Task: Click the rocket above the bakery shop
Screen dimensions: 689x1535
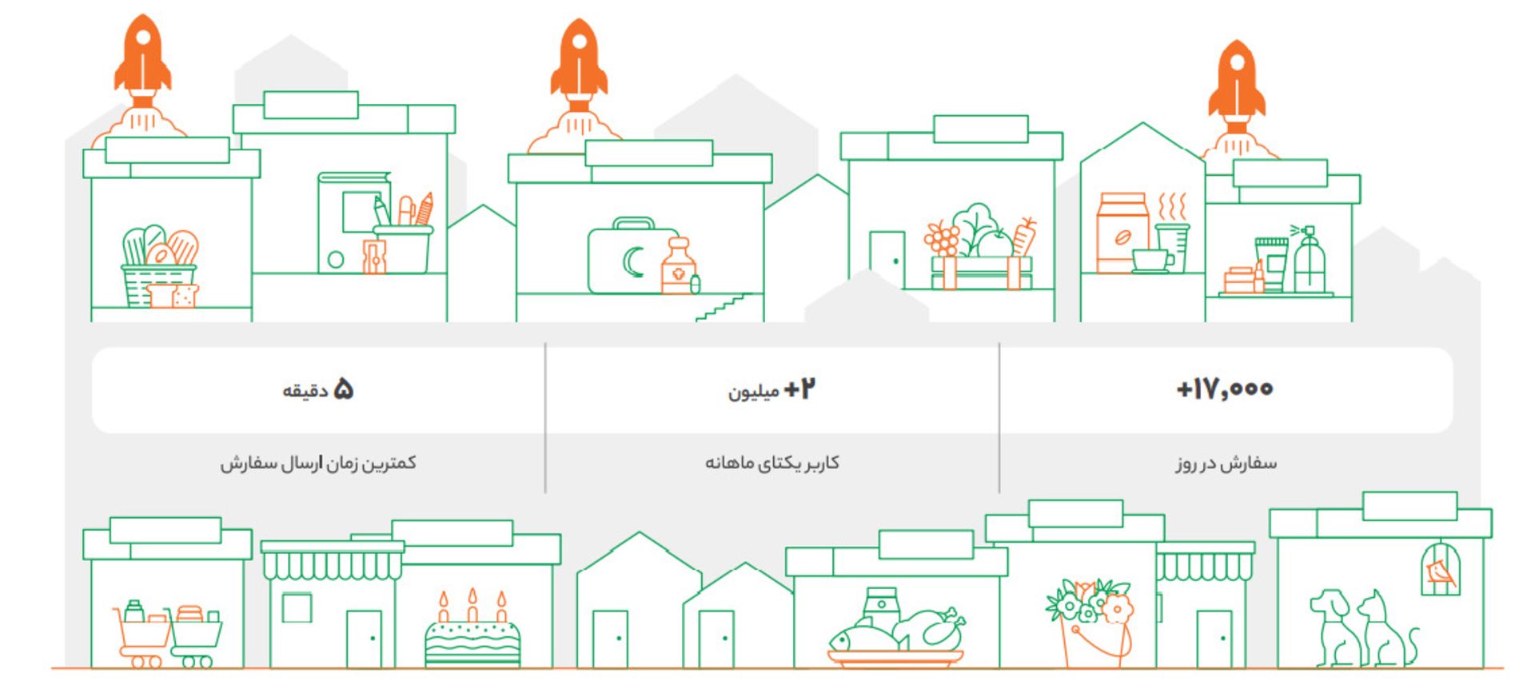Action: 142,60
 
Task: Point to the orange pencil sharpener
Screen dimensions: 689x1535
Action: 373,257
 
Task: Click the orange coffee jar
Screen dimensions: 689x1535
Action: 1122,233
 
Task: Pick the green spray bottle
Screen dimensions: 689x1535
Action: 1308,260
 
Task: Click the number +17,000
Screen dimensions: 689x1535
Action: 1225,389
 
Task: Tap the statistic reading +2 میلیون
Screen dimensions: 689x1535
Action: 771,390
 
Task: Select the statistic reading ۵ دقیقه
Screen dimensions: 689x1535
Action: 318,390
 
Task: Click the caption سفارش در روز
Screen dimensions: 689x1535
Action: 1226,463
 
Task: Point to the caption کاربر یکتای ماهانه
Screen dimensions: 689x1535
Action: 771,463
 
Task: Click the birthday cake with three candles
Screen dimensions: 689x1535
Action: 472,636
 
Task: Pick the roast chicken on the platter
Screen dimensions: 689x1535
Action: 932,628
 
